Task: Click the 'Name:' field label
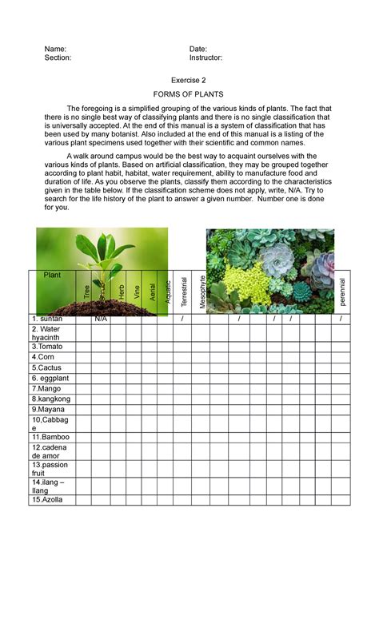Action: click(x=55, y=49)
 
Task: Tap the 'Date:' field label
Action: click(x=198, y=49)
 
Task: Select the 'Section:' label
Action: click(x=58, y=58)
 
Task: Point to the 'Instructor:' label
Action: click(x=205, y=58)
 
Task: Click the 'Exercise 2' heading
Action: click(x=189, y=81)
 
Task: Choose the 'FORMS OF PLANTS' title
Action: click(x=189, y=94)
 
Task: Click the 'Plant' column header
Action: click(x=52, y=275)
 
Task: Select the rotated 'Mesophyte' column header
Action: click(x=203, y=292)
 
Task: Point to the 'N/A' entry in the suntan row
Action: click(x=101, y=319)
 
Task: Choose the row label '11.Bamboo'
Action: click(x=50, y=438)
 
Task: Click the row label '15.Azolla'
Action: click(x=47, y=499)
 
